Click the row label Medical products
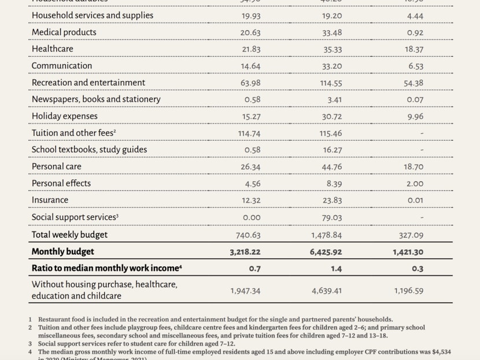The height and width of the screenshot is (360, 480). (x=64, y=32)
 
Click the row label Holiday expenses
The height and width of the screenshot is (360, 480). (x=65, y=116)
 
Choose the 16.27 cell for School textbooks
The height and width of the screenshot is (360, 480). (x=332, y=150)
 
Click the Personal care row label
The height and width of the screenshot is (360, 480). (x=57, y=167)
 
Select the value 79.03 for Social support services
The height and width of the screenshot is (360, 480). (x=332, y=217)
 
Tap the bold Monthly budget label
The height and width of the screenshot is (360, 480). (x=62, y=252)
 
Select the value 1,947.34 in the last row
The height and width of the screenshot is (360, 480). (x=244, y=291)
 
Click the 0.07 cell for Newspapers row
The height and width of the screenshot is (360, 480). (x=415, y=100)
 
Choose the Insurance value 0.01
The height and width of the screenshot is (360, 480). (x=415, y=200)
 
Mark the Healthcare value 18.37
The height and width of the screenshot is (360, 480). (x=413, y=49)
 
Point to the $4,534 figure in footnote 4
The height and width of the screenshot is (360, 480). (x=442, y=351)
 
